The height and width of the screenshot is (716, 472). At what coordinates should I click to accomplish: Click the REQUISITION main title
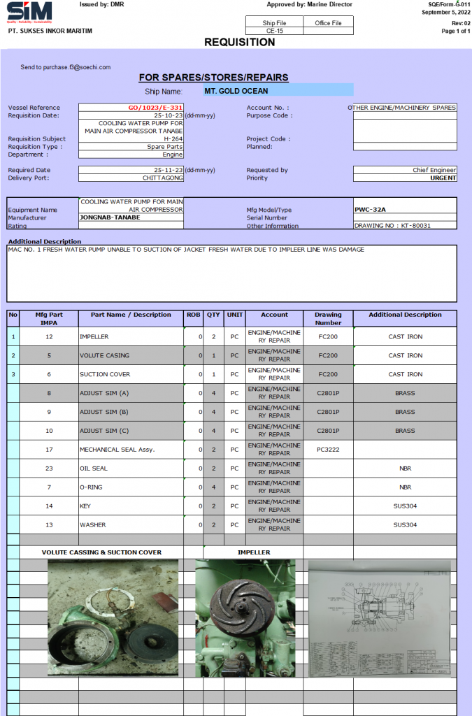point(239,43)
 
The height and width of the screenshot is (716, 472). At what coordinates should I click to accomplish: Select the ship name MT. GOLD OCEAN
point(236,91)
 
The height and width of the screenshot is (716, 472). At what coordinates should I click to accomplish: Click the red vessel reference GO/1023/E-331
point(155,108)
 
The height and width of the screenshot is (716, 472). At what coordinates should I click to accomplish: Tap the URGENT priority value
point(443,178)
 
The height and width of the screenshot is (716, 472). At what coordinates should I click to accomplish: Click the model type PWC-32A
point(371,209)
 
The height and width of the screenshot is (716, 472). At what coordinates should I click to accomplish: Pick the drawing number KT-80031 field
point(392,226)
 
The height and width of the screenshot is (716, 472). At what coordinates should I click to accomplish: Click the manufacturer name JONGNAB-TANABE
point(110,217)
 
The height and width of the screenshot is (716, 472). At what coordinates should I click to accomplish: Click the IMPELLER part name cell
point(94,337)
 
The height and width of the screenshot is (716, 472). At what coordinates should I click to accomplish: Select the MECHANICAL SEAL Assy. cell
point(117,450)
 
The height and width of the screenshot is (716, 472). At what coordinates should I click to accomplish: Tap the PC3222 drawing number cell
point(328,450)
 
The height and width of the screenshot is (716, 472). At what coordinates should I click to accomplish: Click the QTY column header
point(213,315)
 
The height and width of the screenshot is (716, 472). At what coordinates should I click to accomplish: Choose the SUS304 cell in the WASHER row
point(405,524)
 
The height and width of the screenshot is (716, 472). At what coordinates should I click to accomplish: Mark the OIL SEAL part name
point(94,468)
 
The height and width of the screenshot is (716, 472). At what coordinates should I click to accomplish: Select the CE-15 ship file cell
point(274,31)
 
